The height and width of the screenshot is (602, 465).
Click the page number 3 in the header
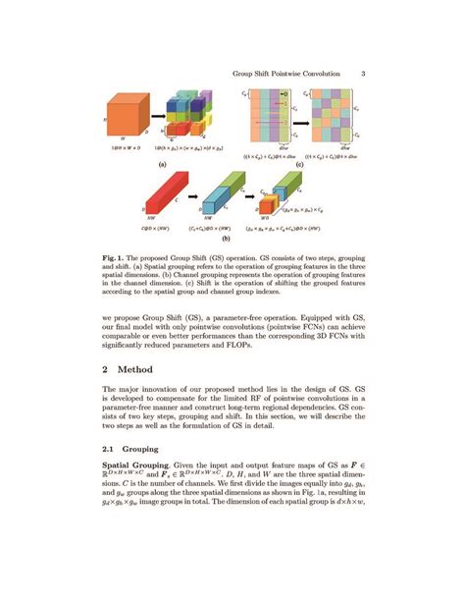tap(362, 72)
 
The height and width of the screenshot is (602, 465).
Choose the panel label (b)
tap(225, 239)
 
